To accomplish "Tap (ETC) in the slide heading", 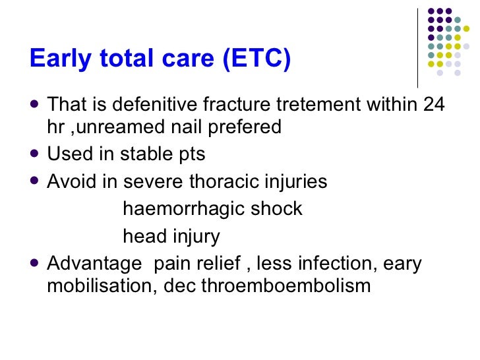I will pos(257,59).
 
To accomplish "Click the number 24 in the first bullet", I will pos(433,104).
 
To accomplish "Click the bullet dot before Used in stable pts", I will pos(35,154).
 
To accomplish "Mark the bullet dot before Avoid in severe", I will pos(35,181).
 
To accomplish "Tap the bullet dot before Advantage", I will pos(35,264).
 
